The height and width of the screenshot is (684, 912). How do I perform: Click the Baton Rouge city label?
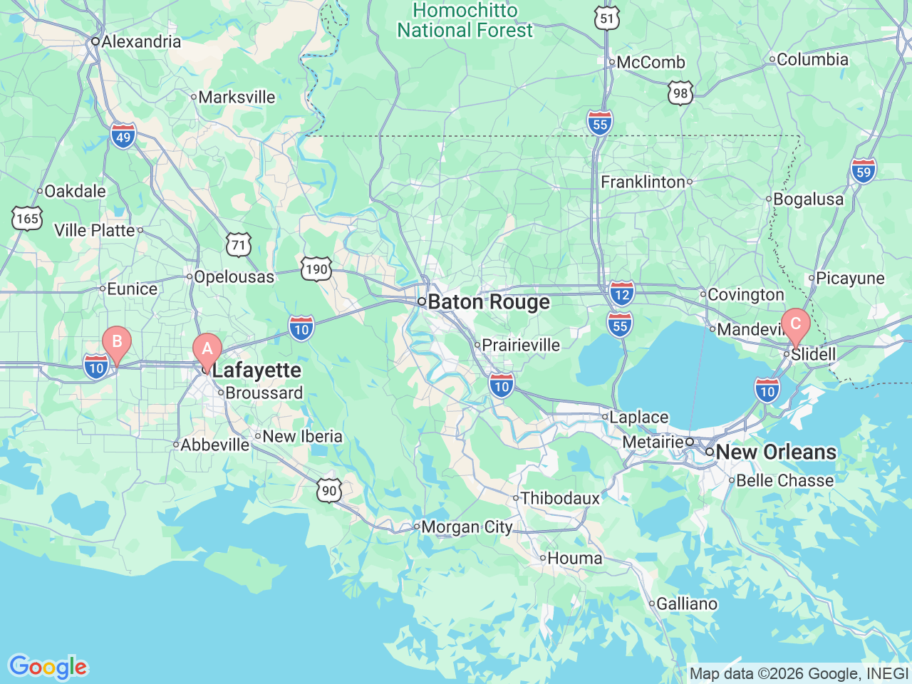coord(488,302)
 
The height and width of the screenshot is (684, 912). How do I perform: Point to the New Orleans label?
coord(775,452)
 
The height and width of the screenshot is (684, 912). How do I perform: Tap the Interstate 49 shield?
coord(123,135)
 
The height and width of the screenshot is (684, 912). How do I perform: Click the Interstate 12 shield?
coord(622,293)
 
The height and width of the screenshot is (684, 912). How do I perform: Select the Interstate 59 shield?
coord(863,171)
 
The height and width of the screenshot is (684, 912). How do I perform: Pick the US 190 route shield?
coord(316,269)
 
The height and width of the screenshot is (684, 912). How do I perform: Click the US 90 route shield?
coord(329,490)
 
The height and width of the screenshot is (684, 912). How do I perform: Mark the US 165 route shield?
coord(27,218)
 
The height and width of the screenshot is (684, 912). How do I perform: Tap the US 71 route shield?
coord(239,245)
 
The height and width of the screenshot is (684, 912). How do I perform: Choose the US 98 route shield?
coord(680,93)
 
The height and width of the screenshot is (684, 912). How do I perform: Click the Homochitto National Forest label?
coord(465,21)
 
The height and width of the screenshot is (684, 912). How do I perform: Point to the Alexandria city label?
coord(140,41)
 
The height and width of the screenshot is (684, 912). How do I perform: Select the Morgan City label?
coord(466,527)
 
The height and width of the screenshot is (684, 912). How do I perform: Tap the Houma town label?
coord(574,559)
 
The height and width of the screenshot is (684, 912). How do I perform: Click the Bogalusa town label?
coord(808,199)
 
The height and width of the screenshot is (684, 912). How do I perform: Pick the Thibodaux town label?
coord(560,498)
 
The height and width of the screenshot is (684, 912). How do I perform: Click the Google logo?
coord(48,667)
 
